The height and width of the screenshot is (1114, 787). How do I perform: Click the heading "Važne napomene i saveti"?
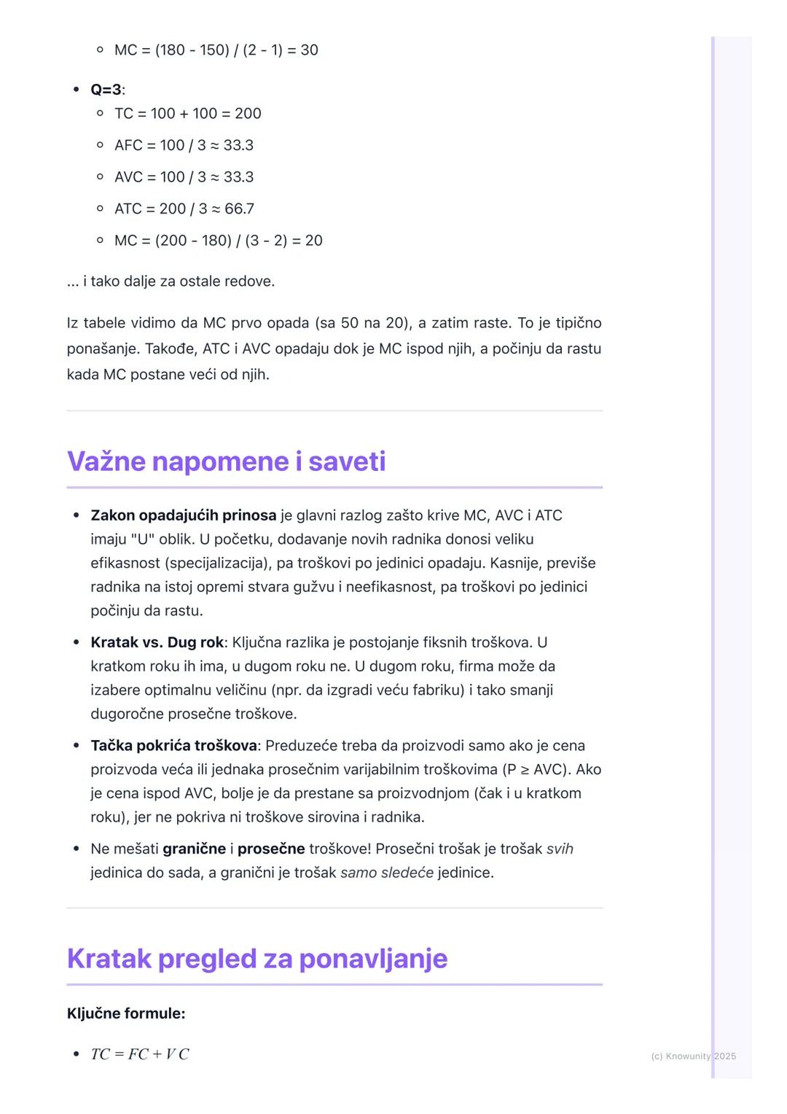[226, 461]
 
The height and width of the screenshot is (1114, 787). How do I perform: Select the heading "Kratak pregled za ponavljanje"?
[257, 959]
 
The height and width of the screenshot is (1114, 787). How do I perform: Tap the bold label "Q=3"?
[106, 90]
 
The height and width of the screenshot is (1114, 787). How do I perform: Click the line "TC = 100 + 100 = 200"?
[187, 114]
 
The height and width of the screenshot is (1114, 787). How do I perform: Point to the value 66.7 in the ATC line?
[239, 209]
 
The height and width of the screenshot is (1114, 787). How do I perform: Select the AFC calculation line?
[184, 146]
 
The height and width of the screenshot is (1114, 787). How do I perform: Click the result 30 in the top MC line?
[309, 50]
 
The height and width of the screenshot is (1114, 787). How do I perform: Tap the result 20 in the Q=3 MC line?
[313, 241]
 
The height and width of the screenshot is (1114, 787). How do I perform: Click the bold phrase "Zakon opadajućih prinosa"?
[183, 515]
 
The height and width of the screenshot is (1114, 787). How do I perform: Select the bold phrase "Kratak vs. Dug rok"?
[157, 642]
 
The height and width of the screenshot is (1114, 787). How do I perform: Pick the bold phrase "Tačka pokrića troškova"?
[173, 746]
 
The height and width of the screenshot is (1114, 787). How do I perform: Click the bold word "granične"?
[194, 849]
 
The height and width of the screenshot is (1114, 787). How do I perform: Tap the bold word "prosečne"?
[271, 849]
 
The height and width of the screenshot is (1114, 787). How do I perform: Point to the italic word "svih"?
[560, 849]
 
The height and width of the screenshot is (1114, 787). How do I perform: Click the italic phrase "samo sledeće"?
[386, 873]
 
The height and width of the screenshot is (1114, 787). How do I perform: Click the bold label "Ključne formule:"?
[125, 1013]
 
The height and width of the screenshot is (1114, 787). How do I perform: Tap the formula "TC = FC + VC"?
[140, 1054]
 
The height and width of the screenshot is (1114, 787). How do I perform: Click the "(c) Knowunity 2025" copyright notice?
[693, 1056]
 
